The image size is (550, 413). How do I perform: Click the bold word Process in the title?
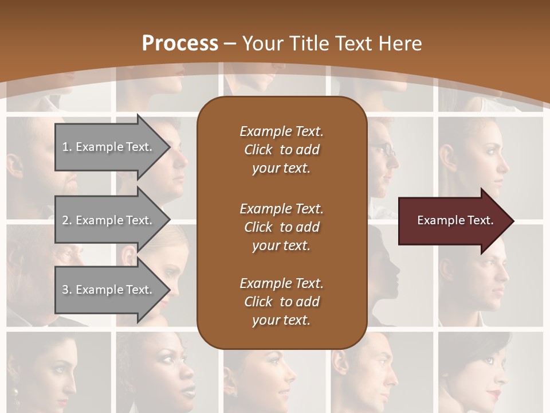pyautogui.click(x=180, y=44)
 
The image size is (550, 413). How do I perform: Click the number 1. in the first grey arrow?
pyautogui.click(x=66, y=147)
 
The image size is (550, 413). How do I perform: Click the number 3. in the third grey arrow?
pyautogui.click(x=66, y=290)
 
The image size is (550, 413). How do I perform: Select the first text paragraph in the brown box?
pyautogui.click(x=281, y=150)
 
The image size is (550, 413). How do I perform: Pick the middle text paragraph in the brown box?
pyautogui.click(x=281, y=227)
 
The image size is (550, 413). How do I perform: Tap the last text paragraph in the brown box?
pyautogui.click(x=281, y=302)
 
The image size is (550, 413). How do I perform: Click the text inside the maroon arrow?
pyautogui.click(x=455, y=220)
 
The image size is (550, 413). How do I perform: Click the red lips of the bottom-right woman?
pyautogui.click(x=494, y=393)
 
